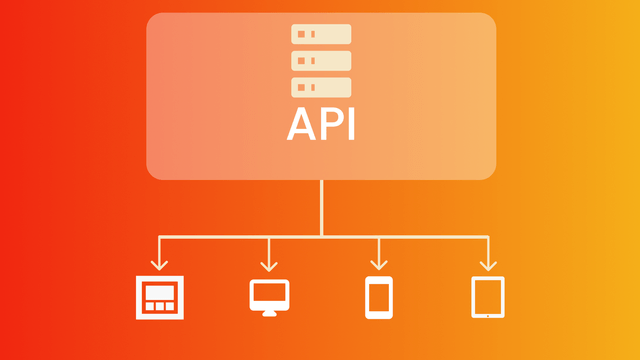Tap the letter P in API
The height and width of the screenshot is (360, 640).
click(329, 125)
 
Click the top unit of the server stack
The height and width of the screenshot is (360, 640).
click(321, 34)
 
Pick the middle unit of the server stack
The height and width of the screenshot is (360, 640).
click(321, 60)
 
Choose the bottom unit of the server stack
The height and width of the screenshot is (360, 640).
click(321, 87)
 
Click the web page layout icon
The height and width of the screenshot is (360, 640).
click(160, 297)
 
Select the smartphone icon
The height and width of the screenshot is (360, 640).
click(378, 297)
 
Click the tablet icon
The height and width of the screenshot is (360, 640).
click(487, 297)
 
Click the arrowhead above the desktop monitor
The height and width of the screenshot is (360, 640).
click(269, 265)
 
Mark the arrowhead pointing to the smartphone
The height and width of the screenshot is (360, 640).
click(378, 265)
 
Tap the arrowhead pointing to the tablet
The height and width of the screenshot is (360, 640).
click(487, 265)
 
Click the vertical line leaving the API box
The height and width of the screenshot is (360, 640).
click(321, 205)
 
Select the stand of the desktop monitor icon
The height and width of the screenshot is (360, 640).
click(269, 312)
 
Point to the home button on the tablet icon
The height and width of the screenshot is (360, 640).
click(487, 313)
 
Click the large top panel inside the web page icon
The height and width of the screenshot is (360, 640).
click(160, 292)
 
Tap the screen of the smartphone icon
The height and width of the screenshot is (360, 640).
click(378, 296)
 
